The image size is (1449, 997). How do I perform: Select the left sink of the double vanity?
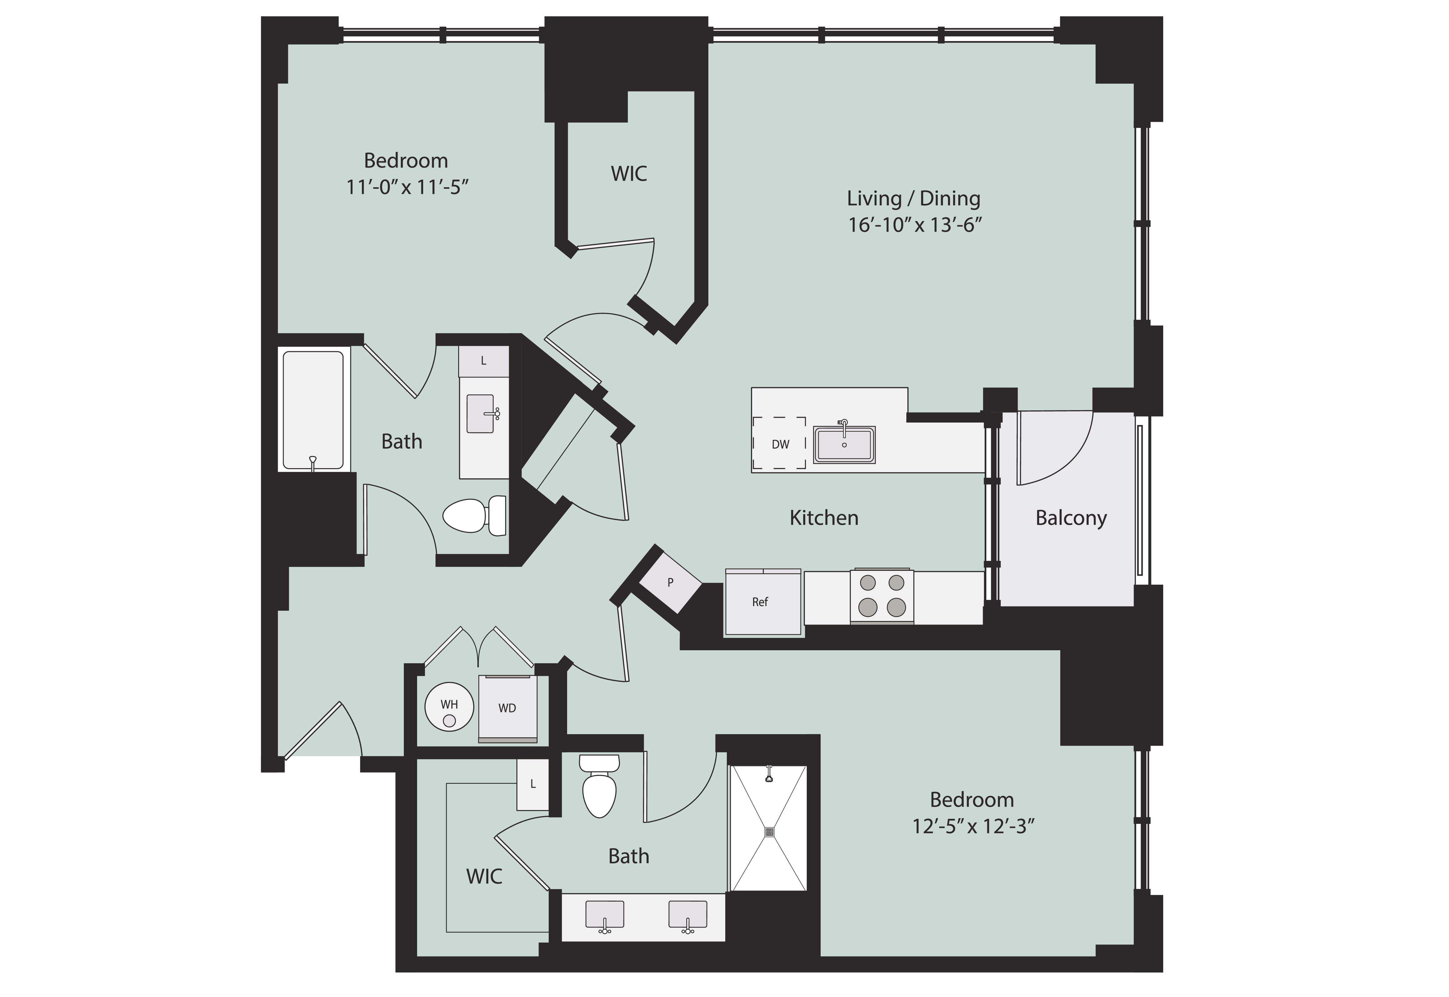click(x=604, y=916)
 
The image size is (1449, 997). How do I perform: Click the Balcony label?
click(x=1071, y=518)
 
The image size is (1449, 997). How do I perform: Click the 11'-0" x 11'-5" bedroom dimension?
click(x=407, y=187)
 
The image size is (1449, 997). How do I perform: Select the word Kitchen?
click(x=824, y=518)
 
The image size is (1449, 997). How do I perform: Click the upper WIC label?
click(x=629, y=174)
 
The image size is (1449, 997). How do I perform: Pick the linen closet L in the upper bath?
click(x=483, y=361)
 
